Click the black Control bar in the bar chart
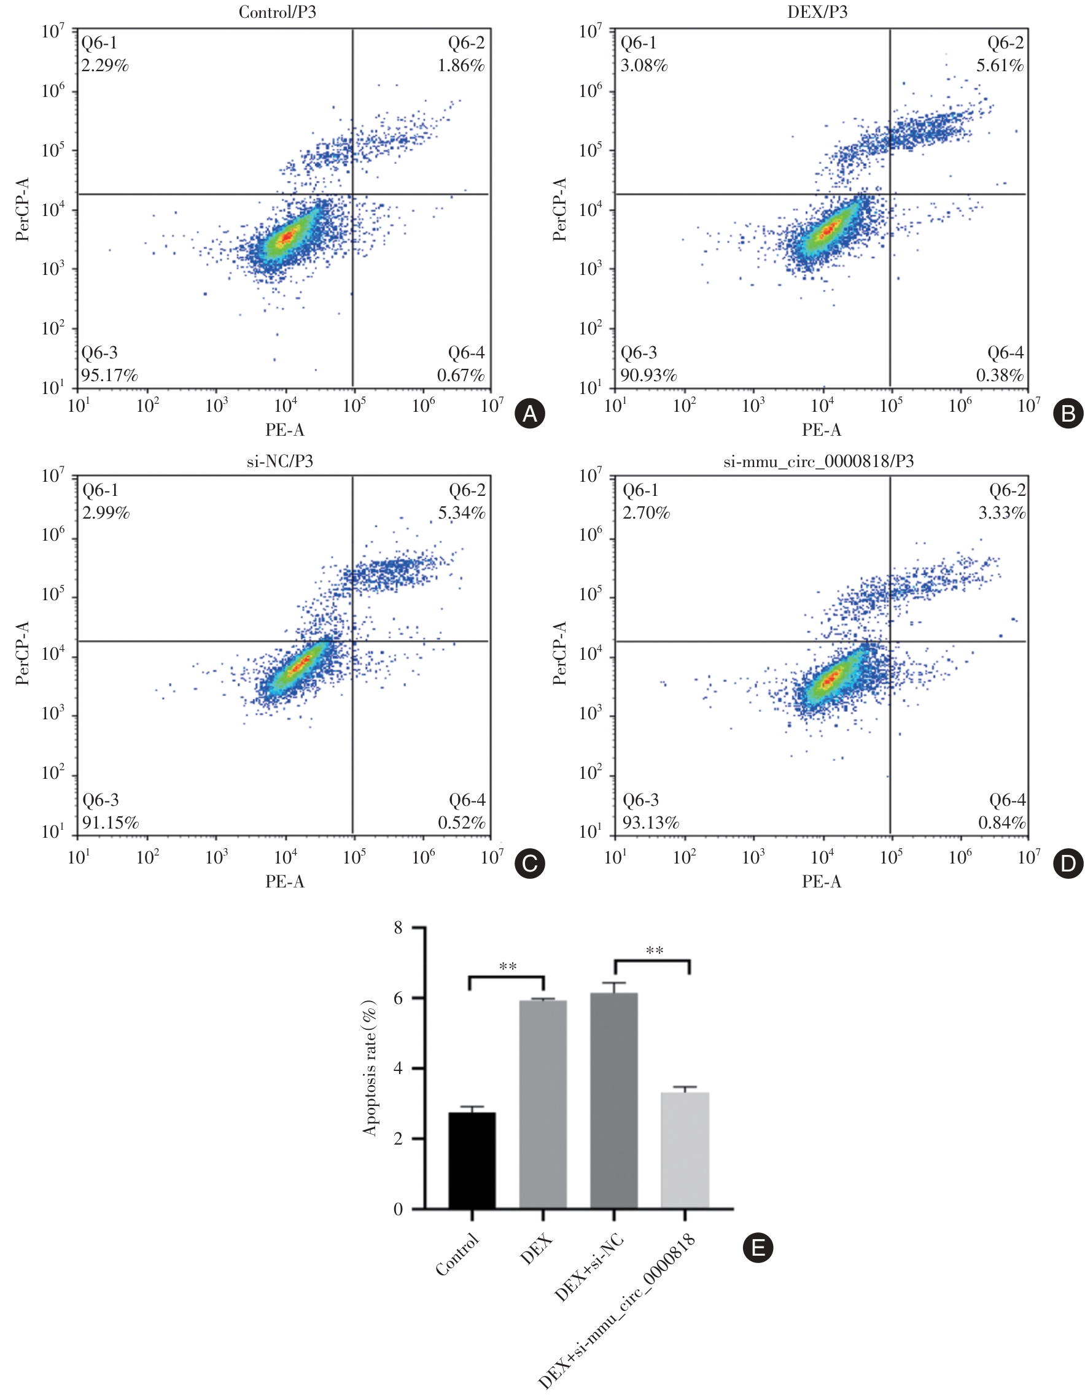coord(472,1161)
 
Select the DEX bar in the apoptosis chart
coord(543,1104)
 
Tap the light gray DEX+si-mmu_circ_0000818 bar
coord(685,1150)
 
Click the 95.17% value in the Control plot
coord(109,376)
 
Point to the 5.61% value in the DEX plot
coord(1000,66)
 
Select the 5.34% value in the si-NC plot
coord(461,513)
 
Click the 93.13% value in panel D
coord(650,822)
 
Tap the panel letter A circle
coord(530,414)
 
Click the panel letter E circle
coord(758,1248)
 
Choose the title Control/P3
coord(278,12)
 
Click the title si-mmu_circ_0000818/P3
coord(819,461)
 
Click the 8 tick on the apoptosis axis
coord(398,928)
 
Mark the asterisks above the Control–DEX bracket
coord(507,967)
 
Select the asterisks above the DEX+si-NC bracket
coord(655,951)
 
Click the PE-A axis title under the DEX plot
coord(822,430)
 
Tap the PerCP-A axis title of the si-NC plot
coord(22,653)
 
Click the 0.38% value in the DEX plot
coord(1000,376)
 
